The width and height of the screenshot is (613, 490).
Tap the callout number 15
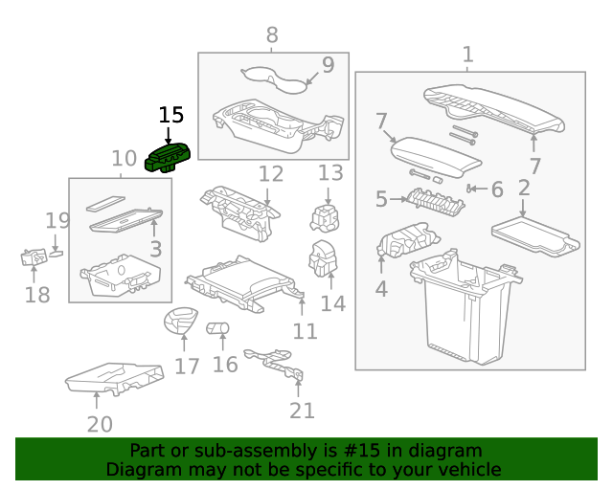(x=170, y=116)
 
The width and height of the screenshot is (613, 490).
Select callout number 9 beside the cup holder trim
(x=328, y=65)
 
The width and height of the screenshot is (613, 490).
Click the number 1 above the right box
(x=467, y=55)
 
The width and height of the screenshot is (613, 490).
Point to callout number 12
(x=271, y=174)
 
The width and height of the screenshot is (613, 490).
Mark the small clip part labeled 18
(x=34, y=256)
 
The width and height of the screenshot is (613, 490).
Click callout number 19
(x=57, y=221)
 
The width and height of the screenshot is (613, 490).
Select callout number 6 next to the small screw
(x=496, y=189)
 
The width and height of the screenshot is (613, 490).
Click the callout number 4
(x=381, y=287)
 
